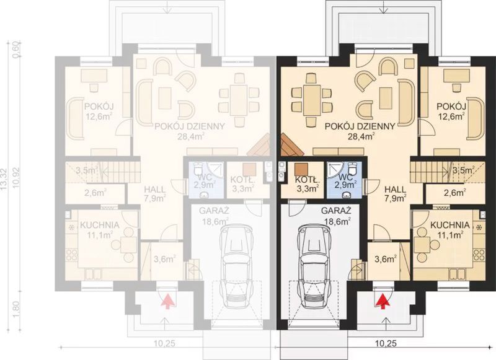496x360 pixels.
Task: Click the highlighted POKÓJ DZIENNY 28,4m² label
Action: (x=360, y=131)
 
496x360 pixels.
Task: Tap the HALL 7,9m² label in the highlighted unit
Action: (x=395, y=193)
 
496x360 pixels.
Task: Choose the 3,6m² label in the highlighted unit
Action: (x=386, y=260)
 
